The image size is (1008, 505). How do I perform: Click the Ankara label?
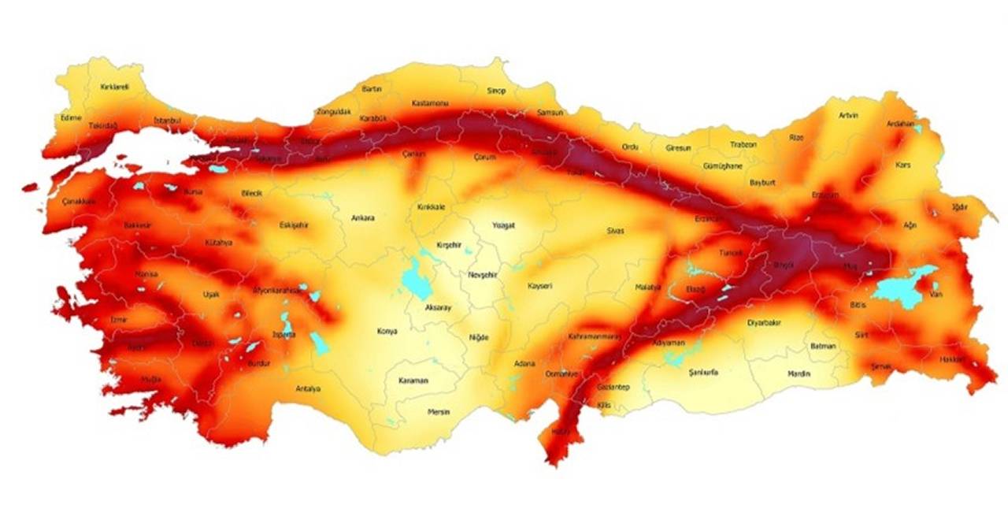click(x=363, y=218)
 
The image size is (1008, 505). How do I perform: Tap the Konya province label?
click(x=387, y=332)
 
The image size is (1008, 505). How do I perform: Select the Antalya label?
click(x=308, y=388)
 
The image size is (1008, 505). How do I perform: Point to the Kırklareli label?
click(x=115, y=87)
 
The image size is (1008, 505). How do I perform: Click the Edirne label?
click(x=71, y=117)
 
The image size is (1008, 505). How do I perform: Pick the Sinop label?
click(x=495, y=91)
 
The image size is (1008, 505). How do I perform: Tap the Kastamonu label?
click(x=430, y=103)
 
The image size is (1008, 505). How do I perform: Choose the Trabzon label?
click(x=743, y=145)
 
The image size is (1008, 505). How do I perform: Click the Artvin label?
click(x=848, y=116)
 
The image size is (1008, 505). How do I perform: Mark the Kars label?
click(x=902, y=165)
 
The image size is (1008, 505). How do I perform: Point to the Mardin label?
click(x=799, y=373)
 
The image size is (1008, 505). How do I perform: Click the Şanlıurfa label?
click(x=703, y=372)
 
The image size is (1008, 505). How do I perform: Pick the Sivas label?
click(x=615, y=231)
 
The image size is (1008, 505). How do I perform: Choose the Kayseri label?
click(x=540, y=286)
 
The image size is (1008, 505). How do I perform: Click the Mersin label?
click(x=439, y=412)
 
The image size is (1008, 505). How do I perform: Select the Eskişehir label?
click(x=294, y=225)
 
